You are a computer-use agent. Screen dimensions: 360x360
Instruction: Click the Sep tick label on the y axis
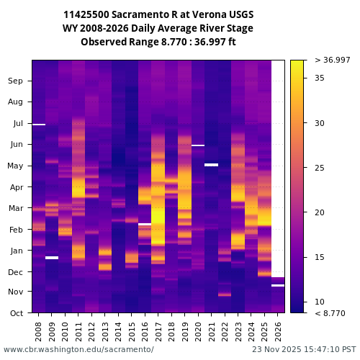click(x=16, y=81)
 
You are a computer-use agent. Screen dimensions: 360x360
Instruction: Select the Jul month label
click(x=17, y=123)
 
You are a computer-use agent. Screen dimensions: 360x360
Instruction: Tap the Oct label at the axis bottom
click(x=17, y=313)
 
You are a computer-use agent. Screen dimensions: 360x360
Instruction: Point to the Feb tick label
click(x=17, y=229)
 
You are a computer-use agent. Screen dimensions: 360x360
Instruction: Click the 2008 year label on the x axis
click(x=39, y=331)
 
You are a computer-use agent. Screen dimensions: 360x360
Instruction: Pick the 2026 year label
click(x=278, y=331)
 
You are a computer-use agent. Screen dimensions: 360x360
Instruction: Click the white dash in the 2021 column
click(x=211, y=165)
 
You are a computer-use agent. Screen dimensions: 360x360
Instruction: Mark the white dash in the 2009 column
click(x=52, y=258)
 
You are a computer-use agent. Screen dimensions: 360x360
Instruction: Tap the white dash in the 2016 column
click(x=145, y=224)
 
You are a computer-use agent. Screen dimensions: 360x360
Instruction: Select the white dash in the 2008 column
click(x=39, y=125)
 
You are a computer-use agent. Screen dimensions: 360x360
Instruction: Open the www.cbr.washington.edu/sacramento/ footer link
click(x=78, y=349)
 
